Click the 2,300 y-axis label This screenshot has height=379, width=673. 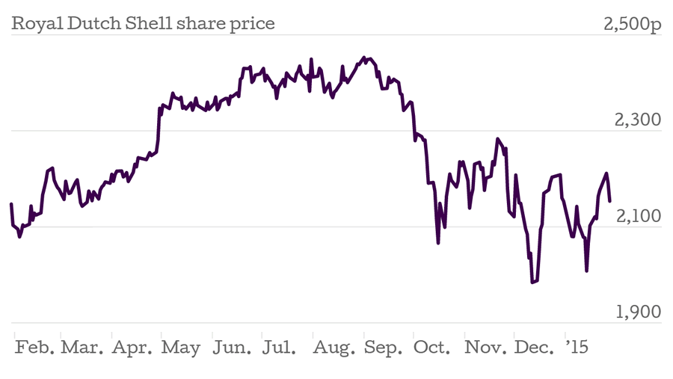click(x=638, y=120)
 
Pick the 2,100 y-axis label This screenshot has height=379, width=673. click(x=638, y=215)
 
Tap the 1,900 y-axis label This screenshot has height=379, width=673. click(x=638, y=312)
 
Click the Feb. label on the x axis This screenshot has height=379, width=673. click(x=34, y=348)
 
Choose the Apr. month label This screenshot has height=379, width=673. click(x=132, y=348)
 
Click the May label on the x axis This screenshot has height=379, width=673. click(x=180, y=348)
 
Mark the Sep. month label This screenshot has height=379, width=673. click(x=384, y=348)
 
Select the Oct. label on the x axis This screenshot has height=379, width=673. click(x=432, y=348)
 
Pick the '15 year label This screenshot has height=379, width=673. click(x=577, y=348)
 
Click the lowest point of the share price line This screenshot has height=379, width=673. click(x=532, y=283)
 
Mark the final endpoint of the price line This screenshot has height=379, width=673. click(x=610, y=200)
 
